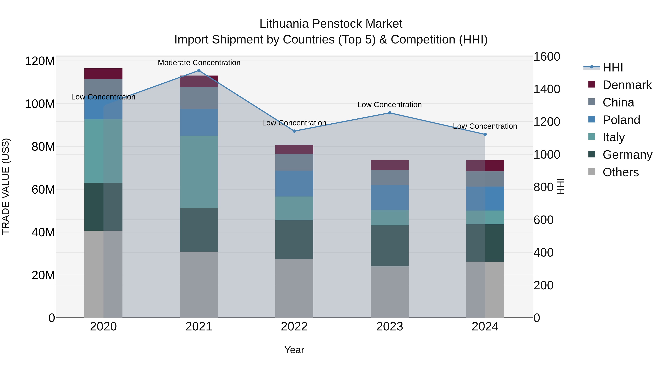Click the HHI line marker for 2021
199,71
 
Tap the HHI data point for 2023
390,113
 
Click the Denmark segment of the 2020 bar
103,74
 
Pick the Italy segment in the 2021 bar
199,172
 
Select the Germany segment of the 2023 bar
390,246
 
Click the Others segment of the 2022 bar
294,288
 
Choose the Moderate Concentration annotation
199,63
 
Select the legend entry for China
618,102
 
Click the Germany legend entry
627,155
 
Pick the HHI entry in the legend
613,67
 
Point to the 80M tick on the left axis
43,147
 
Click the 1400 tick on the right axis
547,89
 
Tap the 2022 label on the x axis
294,327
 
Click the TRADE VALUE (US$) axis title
6,186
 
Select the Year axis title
294,350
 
